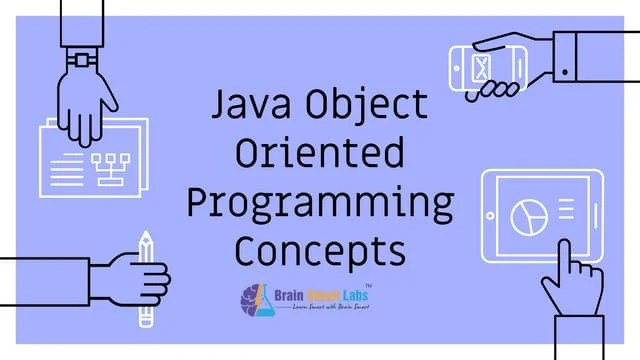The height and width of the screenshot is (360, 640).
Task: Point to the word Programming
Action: click(319, 204)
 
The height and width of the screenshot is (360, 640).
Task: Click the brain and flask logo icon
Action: click(255, 303)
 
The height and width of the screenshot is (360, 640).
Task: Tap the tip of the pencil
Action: click(146, 237)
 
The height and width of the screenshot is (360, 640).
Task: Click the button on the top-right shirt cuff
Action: click(566, 72)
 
